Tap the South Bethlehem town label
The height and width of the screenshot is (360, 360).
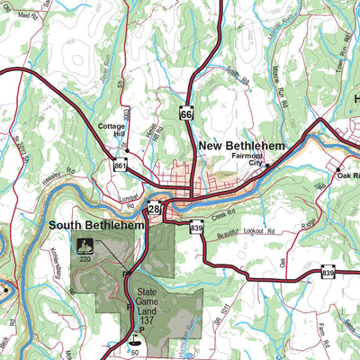(x=96, y=226)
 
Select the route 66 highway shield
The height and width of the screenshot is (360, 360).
(x=186, y=114)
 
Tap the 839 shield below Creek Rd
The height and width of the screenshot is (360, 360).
(x=196, y=229)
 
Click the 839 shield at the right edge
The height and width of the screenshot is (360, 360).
(x=328, y=272)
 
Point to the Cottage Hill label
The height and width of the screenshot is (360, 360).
(x=112, y=131)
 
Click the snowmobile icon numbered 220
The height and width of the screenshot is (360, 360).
(x=85, y=246)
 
